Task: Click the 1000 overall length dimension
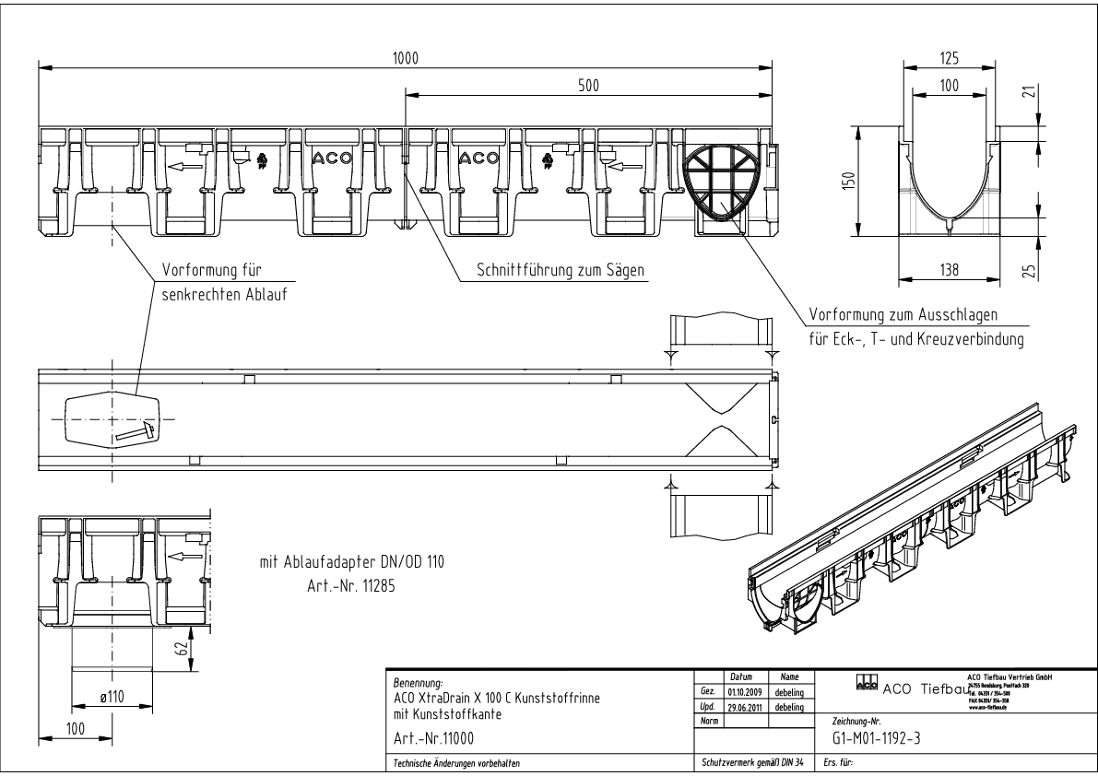(x=404, y=57)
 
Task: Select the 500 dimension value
(x=588, y=86)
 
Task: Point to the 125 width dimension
(x=949, y=57)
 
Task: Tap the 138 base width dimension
(x=949, y=270)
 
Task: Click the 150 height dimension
(x=849, y=179)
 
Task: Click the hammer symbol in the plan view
(x=133, y=430)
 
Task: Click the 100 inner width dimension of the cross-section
(x=949, y=85)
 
